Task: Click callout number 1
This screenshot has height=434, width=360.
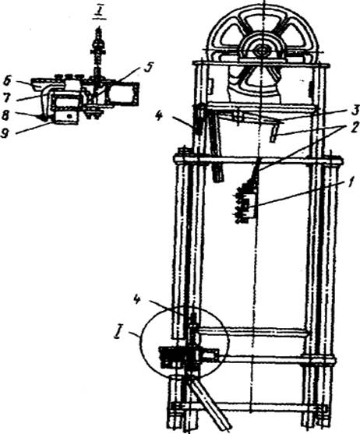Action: pyautogui.click(x=351, y=184)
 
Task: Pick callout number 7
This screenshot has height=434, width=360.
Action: pyautogui.click(x=6, y=98)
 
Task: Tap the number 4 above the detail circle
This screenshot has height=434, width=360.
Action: pyautogui.click(x=137, y=300)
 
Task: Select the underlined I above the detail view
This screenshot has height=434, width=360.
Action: pyautogui.click(x=99, y=13)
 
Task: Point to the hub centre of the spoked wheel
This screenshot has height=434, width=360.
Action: pyautogui.click(x=261, y=51)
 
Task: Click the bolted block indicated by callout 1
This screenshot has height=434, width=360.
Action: pyautogui.click(x=245, y=203)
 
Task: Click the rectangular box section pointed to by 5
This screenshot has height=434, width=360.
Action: pyautogui.click(x=123, y=94)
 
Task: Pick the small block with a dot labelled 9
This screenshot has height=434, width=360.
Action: pyautogui.click(x=66, y=118)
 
